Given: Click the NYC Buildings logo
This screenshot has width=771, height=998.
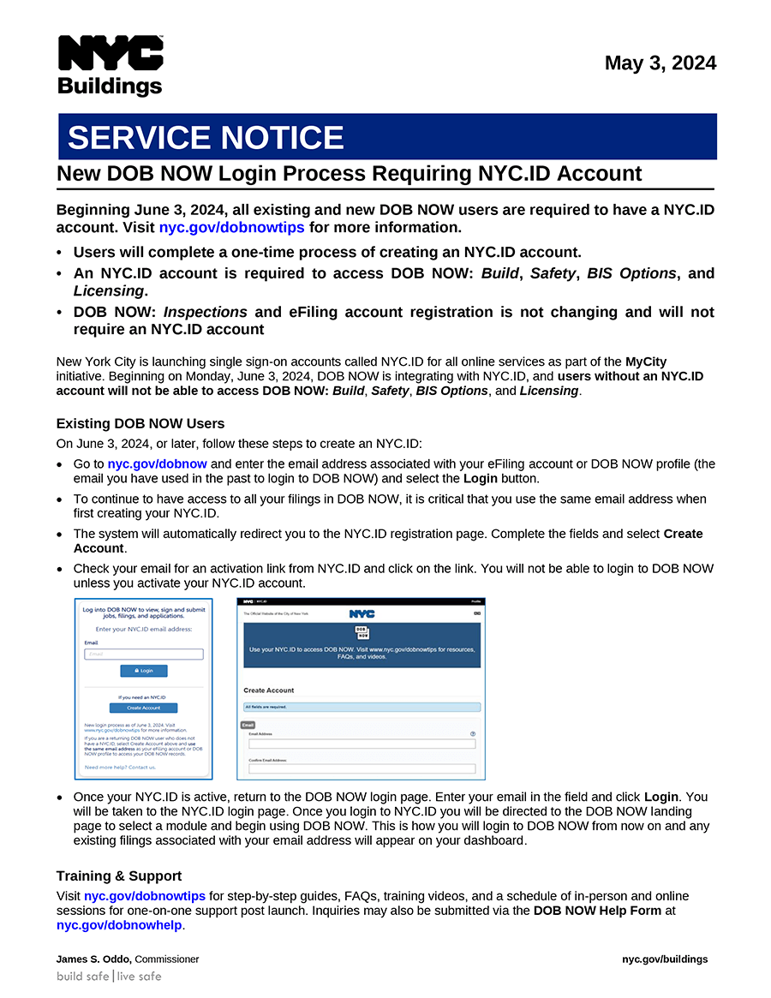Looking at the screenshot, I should [x=110, y=66].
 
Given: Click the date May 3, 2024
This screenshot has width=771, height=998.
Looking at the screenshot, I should [x=660, y=63].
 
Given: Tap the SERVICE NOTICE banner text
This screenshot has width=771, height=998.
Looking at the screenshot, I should [x=206, y=138].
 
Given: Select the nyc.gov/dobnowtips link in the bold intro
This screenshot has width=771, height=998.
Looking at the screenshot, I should [x=232, y=228].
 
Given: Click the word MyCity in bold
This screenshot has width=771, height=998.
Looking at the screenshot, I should [x=646, y=362].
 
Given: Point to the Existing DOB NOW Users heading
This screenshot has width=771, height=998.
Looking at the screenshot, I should [x=140, y=423].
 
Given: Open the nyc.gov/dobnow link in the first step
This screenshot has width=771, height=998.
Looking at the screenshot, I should [x=158, y=464].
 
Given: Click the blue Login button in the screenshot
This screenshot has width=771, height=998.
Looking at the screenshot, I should [x=144, y=671].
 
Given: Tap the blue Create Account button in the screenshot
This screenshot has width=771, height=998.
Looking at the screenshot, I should [x=144, y=708].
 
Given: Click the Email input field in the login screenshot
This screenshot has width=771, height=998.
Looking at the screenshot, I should [x=144, y=654].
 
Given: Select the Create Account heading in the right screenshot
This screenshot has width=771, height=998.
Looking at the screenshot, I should [x=268, y=690].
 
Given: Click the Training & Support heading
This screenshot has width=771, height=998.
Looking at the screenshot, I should [x=119, y=875].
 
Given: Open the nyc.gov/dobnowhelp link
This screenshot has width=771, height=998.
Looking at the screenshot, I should [x=120, y=925].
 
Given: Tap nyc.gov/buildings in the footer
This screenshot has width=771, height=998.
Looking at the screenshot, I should [x=665, y=959].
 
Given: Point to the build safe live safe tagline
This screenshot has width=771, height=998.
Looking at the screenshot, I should [x=109, y=977].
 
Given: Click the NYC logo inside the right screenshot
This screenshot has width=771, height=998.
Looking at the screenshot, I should [x=362, y=614].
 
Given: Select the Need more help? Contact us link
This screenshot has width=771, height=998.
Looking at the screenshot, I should [x=120, y=768].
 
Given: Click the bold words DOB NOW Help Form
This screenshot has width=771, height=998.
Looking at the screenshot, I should [x=597, y=911].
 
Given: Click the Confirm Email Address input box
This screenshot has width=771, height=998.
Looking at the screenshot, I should [x=362, y=769].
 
